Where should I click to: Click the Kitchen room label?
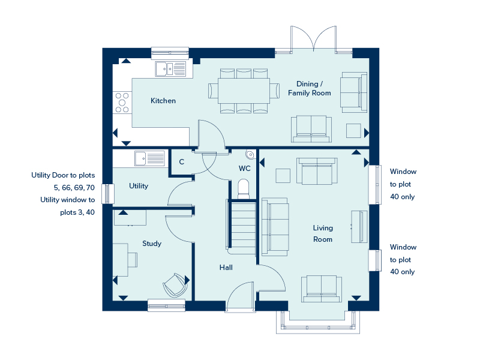pyautogui.click(x=163, y=101)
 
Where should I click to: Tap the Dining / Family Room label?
pyautogui.click(x=310, y=88)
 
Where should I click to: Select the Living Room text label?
pyautogui.click(x=323, y=233)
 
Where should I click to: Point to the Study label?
pyautogui.click(x=152, y=244)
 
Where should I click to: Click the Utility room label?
pyautogui.click(x=139, y=186)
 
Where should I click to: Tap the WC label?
pyautogui.click(x=245, y=169)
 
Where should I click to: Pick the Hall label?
pyautogui.click(x=226, y=268)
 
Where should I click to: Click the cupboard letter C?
pyautogui.click(x=182, y=162)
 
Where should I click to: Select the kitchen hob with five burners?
pyautogui.click(x=122, y=103)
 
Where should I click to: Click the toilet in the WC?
pyautogui.click(x=244, y=189)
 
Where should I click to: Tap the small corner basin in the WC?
pyautogui.click(x=250, y=155)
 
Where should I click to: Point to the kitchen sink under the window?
pyautogui.click(x=170, y=69)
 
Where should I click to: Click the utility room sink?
pyautogui.click(x=149, y=158)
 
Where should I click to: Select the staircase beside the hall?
pyautogui.click(x=242, y=227)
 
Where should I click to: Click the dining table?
pyautogui.click(x=244, y=91)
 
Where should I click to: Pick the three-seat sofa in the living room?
pyautogui.click(x=275, y=227)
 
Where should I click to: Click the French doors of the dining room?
pyautogui.click(x=313, y=39)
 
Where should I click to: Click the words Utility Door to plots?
pyautogui.click(x=63, y=175)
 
